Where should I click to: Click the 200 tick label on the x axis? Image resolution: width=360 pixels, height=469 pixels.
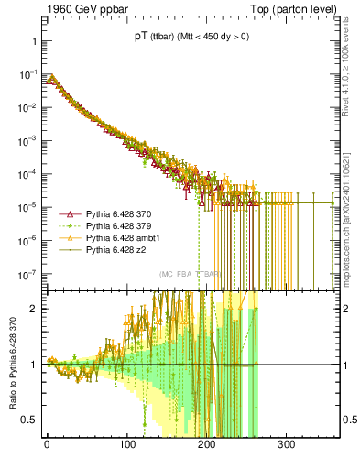tap(206, 444)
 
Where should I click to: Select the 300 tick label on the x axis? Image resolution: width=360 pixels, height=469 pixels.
tap(286, 444)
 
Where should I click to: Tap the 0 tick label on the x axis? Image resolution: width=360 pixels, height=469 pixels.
tap(47, 444)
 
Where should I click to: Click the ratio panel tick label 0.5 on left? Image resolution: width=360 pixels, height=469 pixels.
tap(27, 420)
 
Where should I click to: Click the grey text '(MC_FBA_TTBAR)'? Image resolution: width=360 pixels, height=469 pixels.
tap(190, 274)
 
